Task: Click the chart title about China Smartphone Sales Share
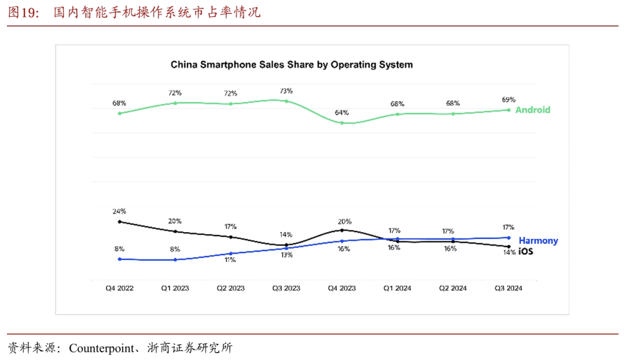[x=292, y=65]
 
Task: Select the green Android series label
[x=532, y=109]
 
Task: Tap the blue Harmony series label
[x=538, y=241]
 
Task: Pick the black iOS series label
[x=525, y=252]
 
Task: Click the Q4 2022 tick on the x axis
[x=119, y=288]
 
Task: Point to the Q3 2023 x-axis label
[x=286, y=288]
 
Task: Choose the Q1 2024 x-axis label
[x=397, y=288]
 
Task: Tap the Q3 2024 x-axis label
[x=508, y=288]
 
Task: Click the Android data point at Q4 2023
[x=342, y=123]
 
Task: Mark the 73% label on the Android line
[x=286, y=91]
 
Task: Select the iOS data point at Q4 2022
[x=119, y=221]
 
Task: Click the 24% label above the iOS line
[x=119, y=211]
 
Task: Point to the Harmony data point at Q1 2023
[x=175, y=259]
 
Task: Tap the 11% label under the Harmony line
[x=230, y=260]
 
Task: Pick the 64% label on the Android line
[x=342, y=112]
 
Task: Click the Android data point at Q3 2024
[x=509, y=109]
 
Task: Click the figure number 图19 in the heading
[x=21, y=12]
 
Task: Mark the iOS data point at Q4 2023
[x=342, y=230]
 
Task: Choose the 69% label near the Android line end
[x=509, y=100]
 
